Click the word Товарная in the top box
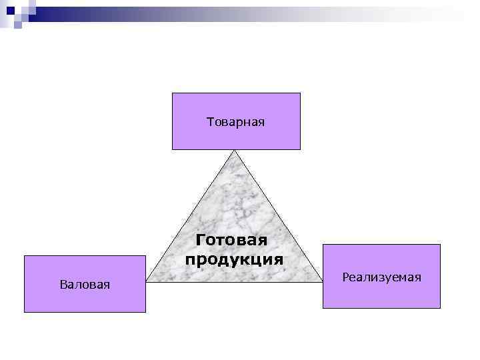click(236, 122)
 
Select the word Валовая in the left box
click(85, 285)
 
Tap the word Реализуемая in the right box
click(381, 277)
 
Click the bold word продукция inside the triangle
click(234, 258)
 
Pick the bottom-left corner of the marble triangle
click(147, 281)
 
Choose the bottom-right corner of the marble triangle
click(322, 281)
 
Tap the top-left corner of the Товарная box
click(173, 93)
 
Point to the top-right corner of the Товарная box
click(300, 93)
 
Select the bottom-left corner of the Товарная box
click(173, 149)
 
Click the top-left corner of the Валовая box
click(25, 256)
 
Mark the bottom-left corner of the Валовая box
click(25, 312)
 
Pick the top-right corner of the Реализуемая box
click(440, 245)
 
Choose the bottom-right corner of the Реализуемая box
click(440, 308)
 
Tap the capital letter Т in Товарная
click(211, 122)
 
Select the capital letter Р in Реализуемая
click(345, 277)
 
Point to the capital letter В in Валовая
click(63, 285)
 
